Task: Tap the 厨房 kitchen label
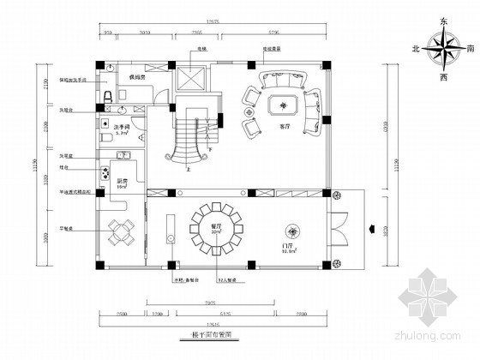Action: pos(123,182)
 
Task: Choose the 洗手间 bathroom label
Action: pos(123,128)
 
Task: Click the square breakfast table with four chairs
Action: pos(121,231)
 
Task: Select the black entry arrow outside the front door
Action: pos(370,228)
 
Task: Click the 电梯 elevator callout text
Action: pos(205,51)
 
